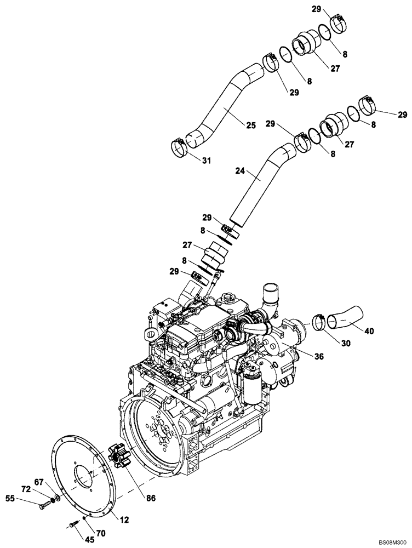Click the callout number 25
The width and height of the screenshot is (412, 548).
(x=250, y=125)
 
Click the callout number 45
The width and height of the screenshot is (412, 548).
(x=75, y=539)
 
